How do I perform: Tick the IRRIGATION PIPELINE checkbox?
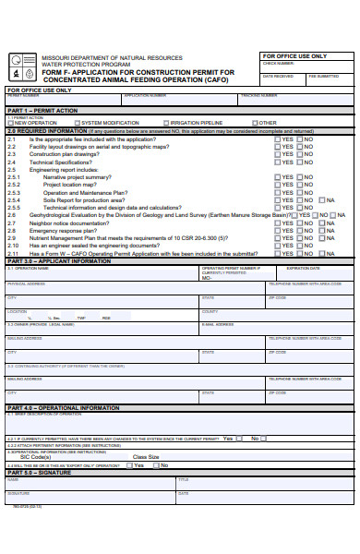[166, 123]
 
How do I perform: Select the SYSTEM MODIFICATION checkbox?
[77, 123]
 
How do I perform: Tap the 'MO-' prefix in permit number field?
[207, 277]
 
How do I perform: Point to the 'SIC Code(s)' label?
[36, 456]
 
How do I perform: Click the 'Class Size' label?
[146, 456]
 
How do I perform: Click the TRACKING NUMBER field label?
[258, 95]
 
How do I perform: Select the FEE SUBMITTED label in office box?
[323, 76]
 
